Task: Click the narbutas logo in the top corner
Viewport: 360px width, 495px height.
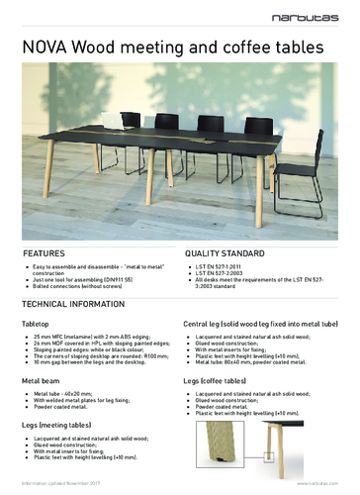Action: coord(322,14)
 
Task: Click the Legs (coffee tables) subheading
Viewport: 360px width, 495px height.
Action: coord(222,379)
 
